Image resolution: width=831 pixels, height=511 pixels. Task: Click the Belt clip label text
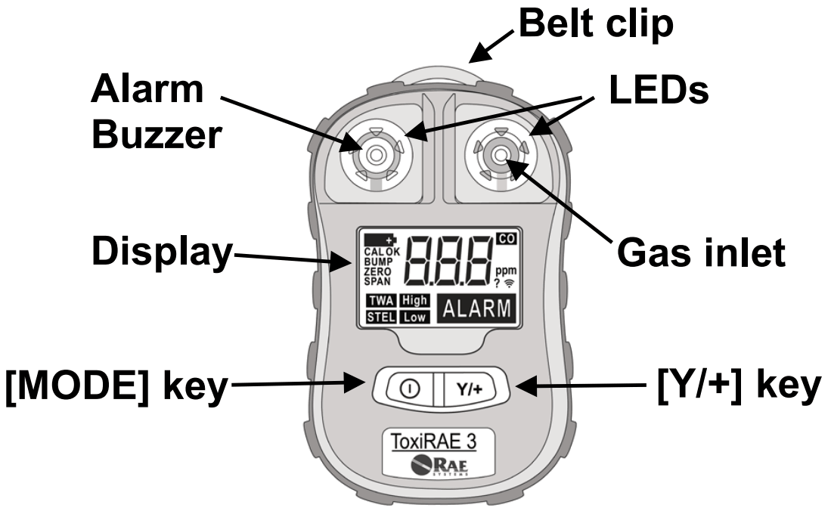pos(595,25)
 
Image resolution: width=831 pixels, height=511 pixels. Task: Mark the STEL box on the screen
pos(381,317)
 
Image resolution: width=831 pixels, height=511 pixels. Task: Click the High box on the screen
pos(414,301)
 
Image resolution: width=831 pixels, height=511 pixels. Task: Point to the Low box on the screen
pos(414,317)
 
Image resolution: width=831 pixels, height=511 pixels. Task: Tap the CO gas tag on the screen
pos(504,240)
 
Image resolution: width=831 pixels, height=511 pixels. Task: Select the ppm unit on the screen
pos(502,271)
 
